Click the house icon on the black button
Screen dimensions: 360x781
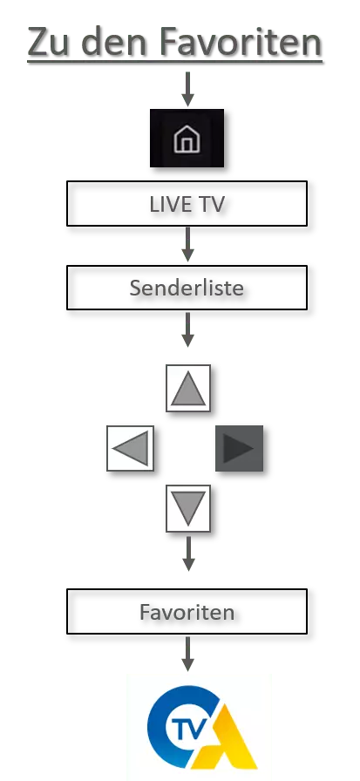(x=187, y=139)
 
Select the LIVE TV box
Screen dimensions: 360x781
(x=187, y=204)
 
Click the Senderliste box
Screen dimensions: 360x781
(x=187, y=288)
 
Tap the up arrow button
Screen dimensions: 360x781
(x=187, y=388)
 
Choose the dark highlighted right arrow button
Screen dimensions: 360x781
(x=239, y=448)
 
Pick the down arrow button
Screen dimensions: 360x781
(x=187, y=508)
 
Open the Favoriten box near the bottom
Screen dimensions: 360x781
(x=187, y=611)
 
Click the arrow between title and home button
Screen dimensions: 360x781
(x=187, y=89)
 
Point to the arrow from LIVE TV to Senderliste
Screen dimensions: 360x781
(x=187, y=244)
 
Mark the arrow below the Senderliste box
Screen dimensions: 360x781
(x=187, y=329)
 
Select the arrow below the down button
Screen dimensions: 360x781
(x=187, y=553)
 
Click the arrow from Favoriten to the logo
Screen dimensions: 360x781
(x=187, y=654)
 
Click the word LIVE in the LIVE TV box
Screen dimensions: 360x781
(x=167, y=204)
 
